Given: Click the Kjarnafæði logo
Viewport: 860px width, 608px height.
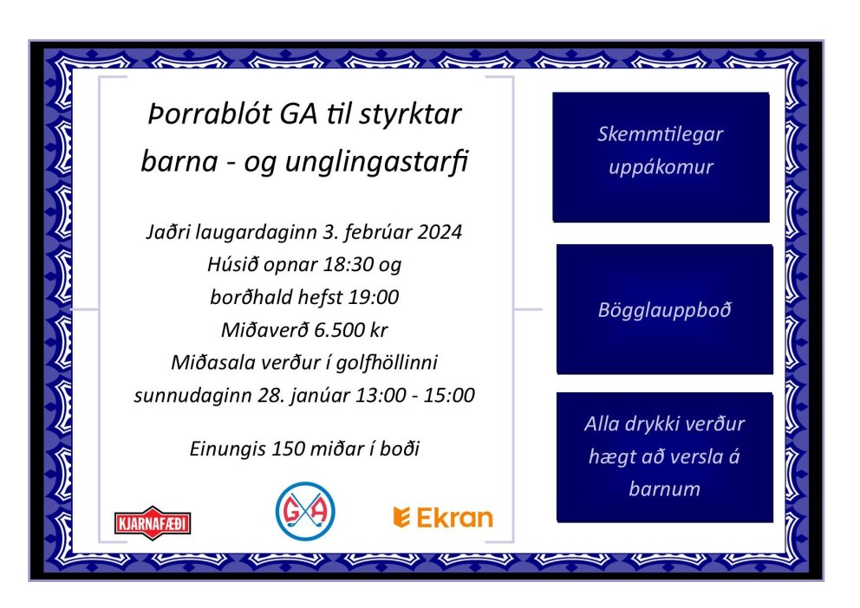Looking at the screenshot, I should [x=153, y=522].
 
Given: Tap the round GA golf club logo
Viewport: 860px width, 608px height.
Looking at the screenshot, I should [x=305, y=511].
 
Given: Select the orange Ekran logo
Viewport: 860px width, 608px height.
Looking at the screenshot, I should [x=443, y=518].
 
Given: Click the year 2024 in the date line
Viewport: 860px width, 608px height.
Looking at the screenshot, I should [x=440, y=232].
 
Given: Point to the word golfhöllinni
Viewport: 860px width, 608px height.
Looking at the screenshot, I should [x=398, y=362].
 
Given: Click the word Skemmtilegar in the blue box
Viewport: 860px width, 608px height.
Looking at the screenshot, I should [x=661, y=134].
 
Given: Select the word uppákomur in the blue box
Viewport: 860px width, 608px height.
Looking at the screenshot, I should [x=661, y=166].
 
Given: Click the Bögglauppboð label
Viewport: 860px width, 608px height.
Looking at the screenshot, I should [x=664, y=309].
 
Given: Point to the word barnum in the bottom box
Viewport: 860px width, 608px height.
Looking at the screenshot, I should [x=664, y=489].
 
